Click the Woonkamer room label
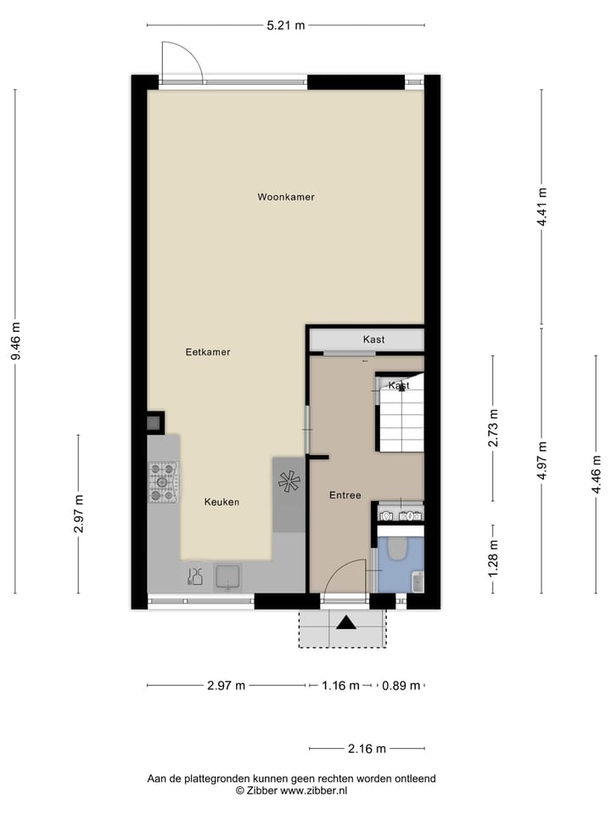tap(286, 197)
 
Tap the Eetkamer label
tap(208, 351)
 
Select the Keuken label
tap(221, 502)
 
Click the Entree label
tap(345, 496)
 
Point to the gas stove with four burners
tap(163, 481)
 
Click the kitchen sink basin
tap(227, 576)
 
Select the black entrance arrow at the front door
tap(346, 624)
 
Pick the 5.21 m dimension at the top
tap(285, 25)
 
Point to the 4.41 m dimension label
tap(542, 207)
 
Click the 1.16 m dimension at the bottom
tap(340, 686)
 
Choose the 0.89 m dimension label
tap(401, 686)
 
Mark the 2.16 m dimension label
tap(367, 749)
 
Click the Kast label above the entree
tap(373, 340)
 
